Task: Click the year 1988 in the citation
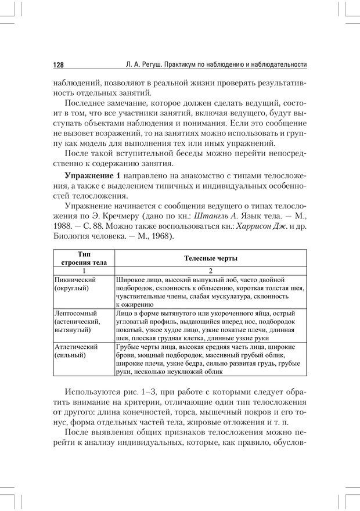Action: click(x=63, y=226)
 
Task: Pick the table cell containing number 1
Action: click(x=84, y=271)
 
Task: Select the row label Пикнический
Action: click(x=75, y=279)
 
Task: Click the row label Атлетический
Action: click(x=75, y=347)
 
